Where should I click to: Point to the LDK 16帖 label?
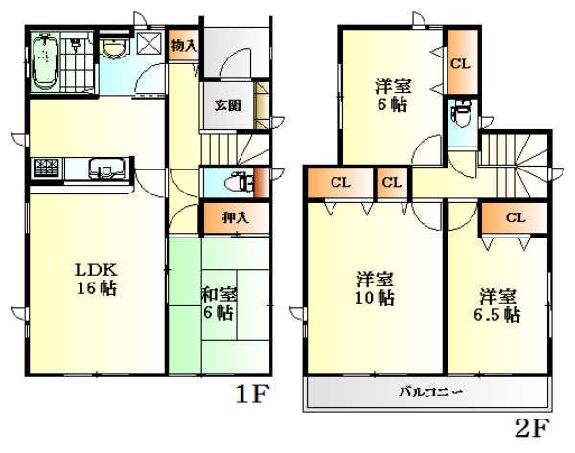point(97,277)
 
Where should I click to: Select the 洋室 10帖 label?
point(374,288)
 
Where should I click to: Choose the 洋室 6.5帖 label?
point(496,304)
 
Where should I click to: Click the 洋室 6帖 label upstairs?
point(390,94)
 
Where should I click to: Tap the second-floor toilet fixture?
point(461,116)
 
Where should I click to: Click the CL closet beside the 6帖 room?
point(459,64)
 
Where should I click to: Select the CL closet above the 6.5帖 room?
point(515,217)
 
